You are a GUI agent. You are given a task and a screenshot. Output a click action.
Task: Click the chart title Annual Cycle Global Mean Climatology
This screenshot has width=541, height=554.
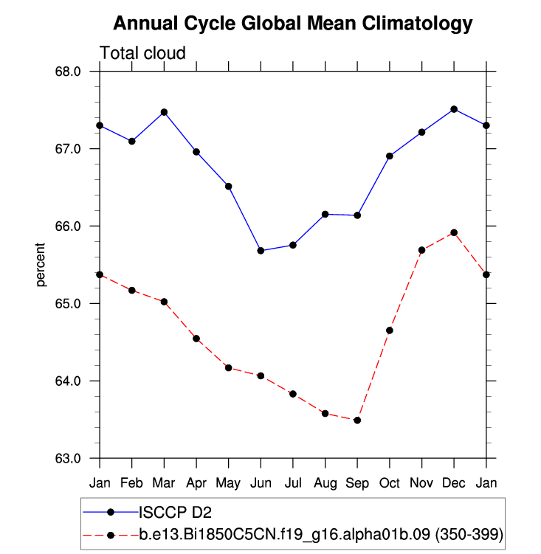[292, 24]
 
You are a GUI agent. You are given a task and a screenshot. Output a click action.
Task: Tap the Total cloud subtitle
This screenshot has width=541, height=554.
[142, 53]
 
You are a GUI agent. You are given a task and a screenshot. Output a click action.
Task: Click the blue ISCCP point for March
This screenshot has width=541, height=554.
[164, 112]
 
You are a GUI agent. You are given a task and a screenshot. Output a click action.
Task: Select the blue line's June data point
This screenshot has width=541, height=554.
[261, 251]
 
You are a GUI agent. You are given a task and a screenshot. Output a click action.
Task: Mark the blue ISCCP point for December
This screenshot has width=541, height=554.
[454, 109]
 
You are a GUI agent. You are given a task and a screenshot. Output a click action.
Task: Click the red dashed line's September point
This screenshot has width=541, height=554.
[357, 420]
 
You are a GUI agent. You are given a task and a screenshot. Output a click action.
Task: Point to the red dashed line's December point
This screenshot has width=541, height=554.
[454, 232]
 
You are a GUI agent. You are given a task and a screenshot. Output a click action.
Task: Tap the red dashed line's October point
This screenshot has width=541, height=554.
[390, 330]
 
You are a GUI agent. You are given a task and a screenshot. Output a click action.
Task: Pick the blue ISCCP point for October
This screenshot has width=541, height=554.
[390, 156]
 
